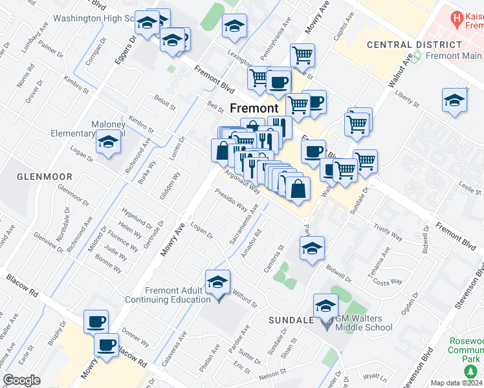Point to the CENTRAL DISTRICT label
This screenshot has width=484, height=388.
(x=414, y=45)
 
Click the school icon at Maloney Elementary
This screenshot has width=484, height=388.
(x=108, y=142)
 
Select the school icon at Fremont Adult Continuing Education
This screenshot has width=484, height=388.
(x=218, y=282)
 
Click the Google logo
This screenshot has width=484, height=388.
(x=21, y=380)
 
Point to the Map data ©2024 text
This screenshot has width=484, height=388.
(x=457, y=383)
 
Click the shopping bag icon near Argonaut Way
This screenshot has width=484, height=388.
(x=298, y=189)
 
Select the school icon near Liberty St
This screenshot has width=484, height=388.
(x=455, y=100)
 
